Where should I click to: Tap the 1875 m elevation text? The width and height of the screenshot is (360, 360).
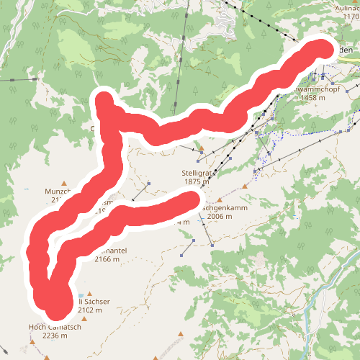[196, 182]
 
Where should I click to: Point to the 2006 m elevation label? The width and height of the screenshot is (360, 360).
[218, 216]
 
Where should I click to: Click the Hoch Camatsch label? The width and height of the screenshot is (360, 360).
[55, 327]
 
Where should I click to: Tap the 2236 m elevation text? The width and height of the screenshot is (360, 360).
[55, 336]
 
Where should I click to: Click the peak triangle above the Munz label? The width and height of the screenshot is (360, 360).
[66, 183]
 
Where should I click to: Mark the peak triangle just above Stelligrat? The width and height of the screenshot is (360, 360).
[202, 150]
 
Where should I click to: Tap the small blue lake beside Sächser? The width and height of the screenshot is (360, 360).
[79, 296]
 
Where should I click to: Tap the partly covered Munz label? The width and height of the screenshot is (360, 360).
[56, 192]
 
